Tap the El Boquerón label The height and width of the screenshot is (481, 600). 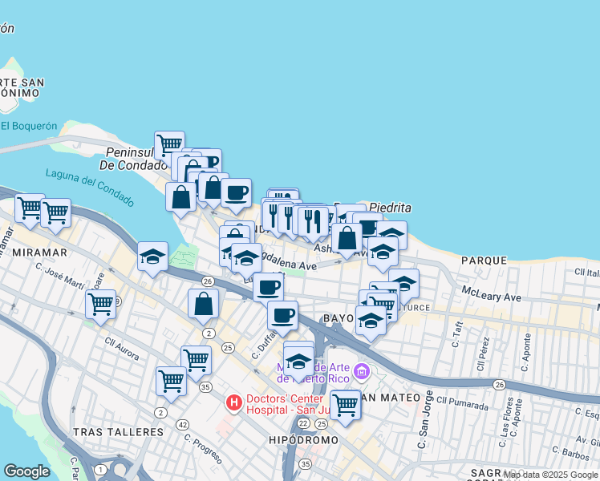click(29, 126)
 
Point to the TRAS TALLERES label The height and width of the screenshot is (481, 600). click(118, 431)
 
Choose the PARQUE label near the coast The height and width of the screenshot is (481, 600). click(484, 261)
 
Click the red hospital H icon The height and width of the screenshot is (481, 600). click(233, 401)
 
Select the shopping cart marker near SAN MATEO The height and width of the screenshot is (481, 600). click(346, 405)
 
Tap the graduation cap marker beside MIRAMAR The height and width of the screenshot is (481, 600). click(152, 257)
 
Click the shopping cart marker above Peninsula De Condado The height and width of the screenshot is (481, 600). click(169, 146)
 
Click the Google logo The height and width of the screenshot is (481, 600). click(26, 471)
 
